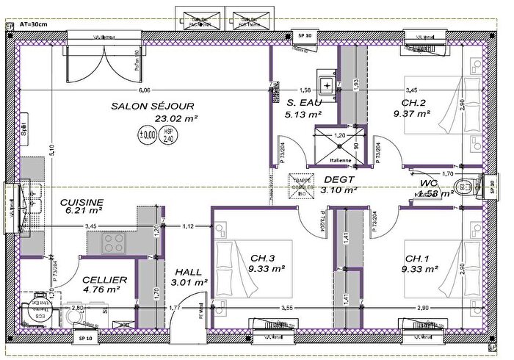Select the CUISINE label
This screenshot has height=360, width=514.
coord(82,201)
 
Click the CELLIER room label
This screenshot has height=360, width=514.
coord(104,279)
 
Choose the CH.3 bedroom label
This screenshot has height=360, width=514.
coord(262,258)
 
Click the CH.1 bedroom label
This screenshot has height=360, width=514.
coord(417,258)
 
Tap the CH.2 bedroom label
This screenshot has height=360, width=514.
coord(414,103)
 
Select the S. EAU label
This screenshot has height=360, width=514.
coord(303,103)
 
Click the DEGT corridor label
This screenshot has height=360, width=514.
coord(339,179)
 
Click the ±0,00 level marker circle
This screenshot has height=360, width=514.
coord(148,135)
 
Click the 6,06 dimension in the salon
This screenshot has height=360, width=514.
coord(143,90)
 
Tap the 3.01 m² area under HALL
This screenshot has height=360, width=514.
coord(189,281)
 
